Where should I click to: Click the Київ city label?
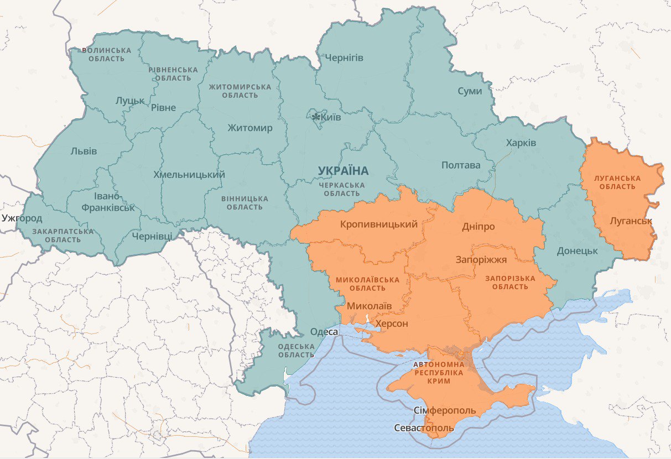pyautogui.click(x=331, y=117)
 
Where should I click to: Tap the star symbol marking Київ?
pyautogui.click(x=316, y=117)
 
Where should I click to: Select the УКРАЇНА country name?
pyautogui.click(x=343, y=170)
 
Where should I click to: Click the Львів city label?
pyautogui.click(x=84, y=151)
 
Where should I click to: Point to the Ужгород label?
pyautogui.click(x=22, y=218)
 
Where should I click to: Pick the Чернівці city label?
pyautogui.click(x=152, y=236)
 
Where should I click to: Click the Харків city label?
pyautogui.click(x=521, y=143)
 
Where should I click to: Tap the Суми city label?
pyautogui.click(x=470, y=91)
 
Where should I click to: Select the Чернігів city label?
pyautogui.click(x=344, y=58)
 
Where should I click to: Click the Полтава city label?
pyautogui.click(x=461, y=165)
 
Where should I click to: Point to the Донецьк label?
pyautogui.click(x=578, y=251)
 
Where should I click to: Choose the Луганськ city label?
pyautogui.click(x=631, y=221)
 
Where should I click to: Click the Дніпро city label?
pyautogui.click(x=478, y=227)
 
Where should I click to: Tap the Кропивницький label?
pyautogui.click(x=379, y=225)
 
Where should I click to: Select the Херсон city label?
pyautogui.click(x=392, y=324)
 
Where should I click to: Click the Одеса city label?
pyautogui.click(x=324, y=332)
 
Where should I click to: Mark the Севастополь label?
pyautogui.click(x=424, y=428)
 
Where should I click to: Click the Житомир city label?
pyautogui.click(x=250, y=128)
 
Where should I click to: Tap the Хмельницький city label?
pyautogui.click(x=189, y=175)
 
